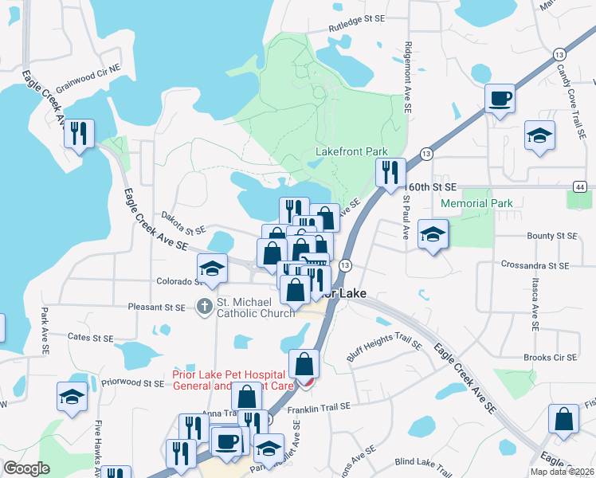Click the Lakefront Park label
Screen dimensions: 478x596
[351, 151]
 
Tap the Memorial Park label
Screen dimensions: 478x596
[477, 203]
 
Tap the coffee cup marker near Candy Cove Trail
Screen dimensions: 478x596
[500, 99]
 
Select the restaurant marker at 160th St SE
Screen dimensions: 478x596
[390, 172]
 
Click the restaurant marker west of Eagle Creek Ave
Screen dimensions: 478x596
[79, 133]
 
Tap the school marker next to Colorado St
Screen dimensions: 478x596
[212, 268]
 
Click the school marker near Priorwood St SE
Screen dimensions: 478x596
[72, 396]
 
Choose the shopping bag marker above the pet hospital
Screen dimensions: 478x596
[304, 364]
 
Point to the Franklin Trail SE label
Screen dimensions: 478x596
[319, 406]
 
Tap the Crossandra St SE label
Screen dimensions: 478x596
[535, 264]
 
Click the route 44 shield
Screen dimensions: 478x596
[578, 186]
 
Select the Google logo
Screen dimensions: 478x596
[26, 468]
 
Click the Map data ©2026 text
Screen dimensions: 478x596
[562, 472]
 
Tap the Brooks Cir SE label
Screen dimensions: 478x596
[549, 358]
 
